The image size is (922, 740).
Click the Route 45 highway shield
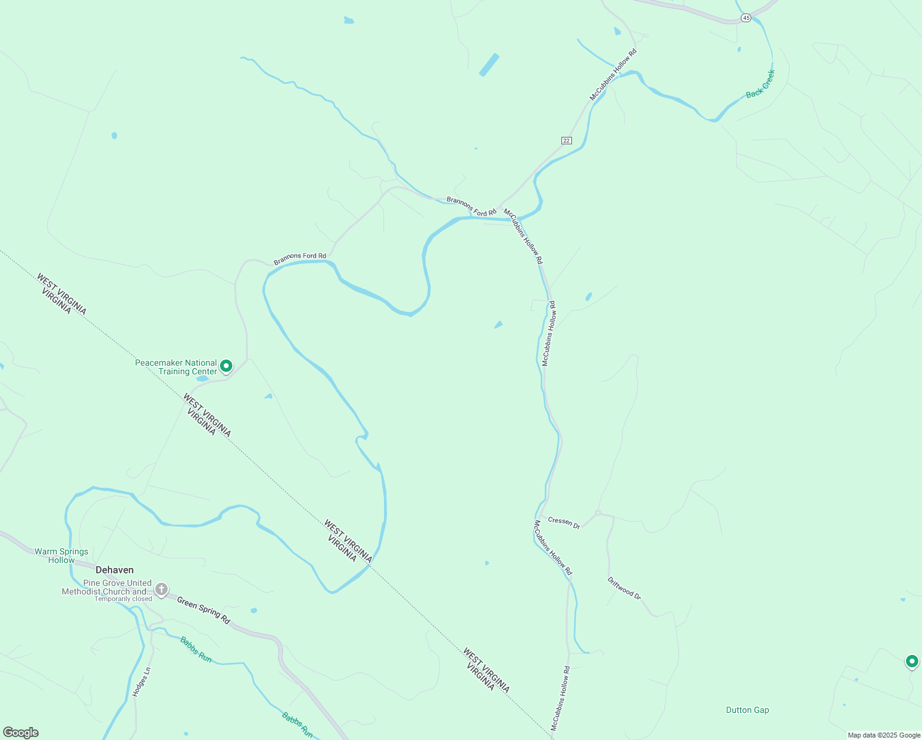746,18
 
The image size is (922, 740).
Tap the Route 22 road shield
566,141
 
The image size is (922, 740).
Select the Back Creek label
760,84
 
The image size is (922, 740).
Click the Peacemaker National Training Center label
176,367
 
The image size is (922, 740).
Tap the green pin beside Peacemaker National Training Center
226,366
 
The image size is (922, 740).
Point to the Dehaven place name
115,570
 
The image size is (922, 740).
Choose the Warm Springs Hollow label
62,556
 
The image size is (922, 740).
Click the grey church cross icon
161,590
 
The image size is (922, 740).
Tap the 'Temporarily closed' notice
123,599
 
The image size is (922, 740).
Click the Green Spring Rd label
203,610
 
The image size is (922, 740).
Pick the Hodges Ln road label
141,681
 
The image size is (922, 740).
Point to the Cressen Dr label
564,522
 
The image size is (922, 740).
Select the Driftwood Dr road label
624,588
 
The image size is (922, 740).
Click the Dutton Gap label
747,710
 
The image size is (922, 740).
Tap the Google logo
21,733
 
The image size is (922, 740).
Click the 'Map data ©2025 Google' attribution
884,735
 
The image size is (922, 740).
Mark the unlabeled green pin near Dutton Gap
912,661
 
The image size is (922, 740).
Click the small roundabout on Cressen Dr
598,512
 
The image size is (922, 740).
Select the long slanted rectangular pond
489,65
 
